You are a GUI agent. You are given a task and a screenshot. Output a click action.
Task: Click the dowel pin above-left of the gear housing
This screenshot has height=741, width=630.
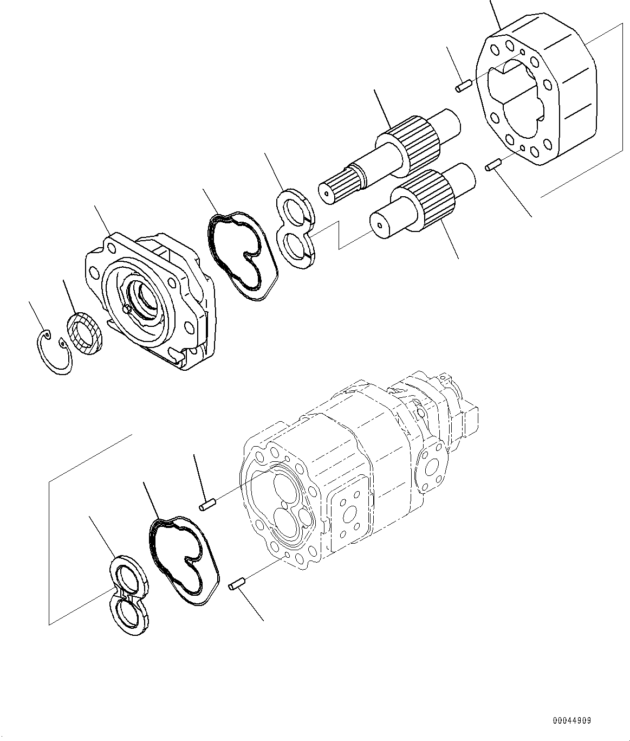(462, 86)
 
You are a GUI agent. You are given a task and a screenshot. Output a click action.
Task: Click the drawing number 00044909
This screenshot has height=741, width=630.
(571, 721)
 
